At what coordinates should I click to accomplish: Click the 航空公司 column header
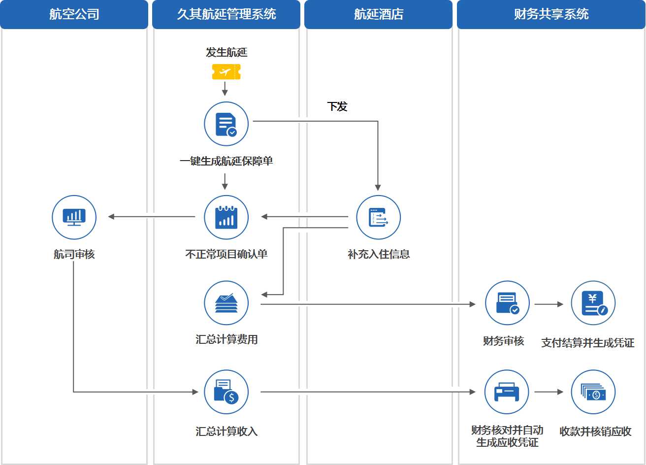[x=74, y=14]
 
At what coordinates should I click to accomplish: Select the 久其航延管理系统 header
[x=226, y=14]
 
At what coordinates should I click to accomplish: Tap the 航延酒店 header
[x=378, y=14]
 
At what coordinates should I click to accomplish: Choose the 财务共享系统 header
[x=551, y=14]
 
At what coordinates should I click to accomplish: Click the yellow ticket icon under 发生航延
[x=226, y=72]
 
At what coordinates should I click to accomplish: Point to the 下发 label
[x=337, y=106]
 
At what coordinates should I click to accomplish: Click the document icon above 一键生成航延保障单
[x=226, y=124]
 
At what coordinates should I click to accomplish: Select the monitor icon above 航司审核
[x=74, y=217]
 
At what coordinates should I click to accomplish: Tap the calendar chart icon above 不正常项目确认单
[x=226, y=217]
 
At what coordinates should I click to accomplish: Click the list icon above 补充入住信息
[x=378, y=217]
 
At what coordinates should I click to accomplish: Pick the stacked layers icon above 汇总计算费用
[x=226, y=303]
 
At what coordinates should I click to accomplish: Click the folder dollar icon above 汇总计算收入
[x=226, y=392]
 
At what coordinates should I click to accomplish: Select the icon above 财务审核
[x=507, y=303]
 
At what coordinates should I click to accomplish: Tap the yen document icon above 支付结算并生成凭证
[x=593, y=303]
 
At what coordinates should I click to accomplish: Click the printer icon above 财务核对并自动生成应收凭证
[x=507, y=392]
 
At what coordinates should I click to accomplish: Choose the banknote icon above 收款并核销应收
[x=593, y=392]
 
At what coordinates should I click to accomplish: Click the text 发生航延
[x=226, y=52]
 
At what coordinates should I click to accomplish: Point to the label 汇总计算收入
[x=226, y=432]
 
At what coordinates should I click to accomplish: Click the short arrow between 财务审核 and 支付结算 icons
[x=549, y=304]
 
